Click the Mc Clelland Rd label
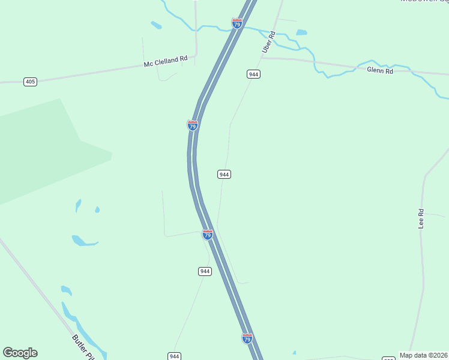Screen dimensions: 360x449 point(166,61)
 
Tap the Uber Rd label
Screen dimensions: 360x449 point(268,42)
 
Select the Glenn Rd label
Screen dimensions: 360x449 point(379,71)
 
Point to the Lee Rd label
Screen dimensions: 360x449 point(421,218)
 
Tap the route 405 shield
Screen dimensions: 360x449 point(31,81)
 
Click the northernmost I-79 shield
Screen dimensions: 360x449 point(237,23)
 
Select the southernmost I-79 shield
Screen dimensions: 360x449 point(247,338)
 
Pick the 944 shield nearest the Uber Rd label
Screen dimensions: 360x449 point(253,74)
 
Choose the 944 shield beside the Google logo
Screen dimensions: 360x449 point(175,356)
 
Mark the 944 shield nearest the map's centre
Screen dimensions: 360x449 point(224,174)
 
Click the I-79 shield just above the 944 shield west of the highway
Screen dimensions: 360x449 point(208,235)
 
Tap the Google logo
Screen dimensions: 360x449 point(20,353)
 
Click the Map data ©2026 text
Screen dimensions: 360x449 point(424,355)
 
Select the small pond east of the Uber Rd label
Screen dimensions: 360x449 point(301,32)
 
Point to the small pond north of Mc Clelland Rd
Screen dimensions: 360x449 point(156,25)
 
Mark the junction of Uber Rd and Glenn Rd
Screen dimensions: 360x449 point(262,58)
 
